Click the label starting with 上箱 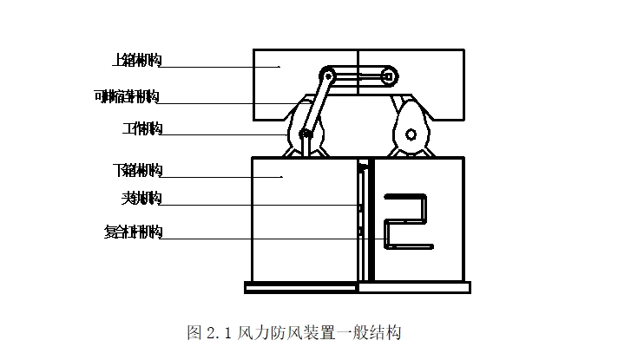click(x=137, y=60)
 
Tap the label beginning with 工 click(x=141, y=128)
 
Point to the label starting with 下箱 click(x=137, y=168)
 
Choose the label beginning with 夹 click(x=141, y=199)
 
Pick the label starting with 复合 click(x=132, y=232)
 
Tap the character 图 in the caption click(x=194, y=332)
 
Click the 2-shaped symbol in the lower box click(x=406, y=223)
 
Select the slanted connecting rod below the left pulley click(x=316, y=104)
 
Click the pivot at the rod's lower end click(x=305, y=134)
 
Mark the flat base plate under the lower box click(x=358, y=287)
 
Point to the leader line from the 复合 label click(x=260, y=239)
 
